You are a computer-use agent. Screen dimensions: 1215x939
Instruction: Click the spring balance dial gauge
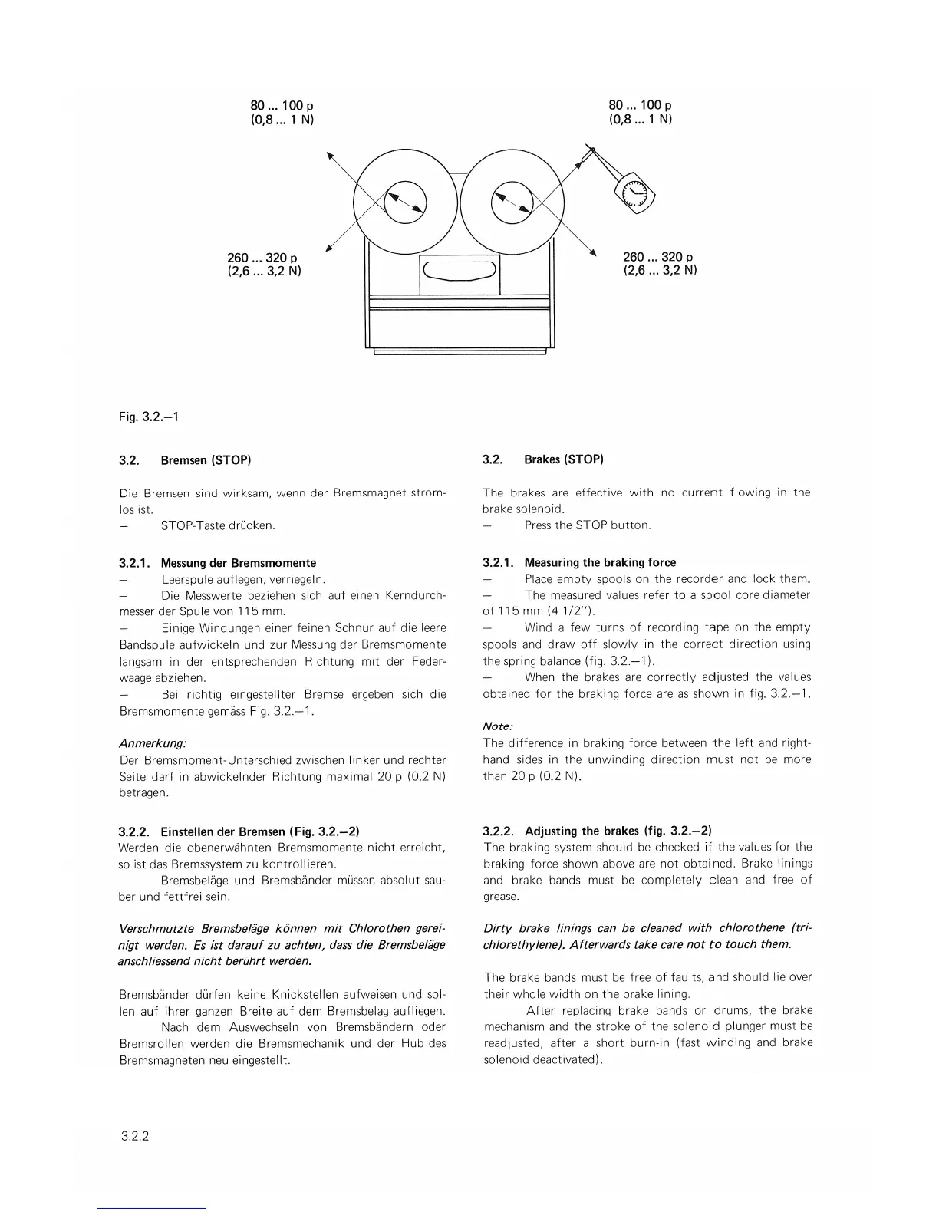pos(635,195)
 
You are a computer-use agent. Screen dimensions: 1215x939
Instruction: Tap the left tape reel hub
pos(406,202)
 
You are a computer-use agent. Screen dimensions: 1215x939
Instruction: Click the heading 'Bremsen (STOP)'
pos(206,460)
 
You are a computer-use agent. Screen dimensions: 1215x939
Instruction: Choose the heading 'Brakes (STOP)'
pos(564,459)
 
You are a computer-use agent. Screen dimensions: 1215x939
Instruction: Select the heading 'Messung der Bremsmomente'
pos(238,563)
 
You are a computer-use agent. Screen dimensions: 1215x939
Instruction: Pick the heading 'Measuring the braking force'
pos(600,562)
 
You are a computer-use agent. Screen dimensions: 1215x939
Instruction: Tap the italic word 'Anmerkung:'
pos(153,743)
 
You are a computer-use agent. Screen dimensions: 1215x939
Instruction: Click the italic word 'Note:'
pos(498,726)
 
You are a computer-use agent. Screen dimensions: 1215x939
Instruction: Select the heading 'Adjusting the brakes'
pos(582,831)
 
